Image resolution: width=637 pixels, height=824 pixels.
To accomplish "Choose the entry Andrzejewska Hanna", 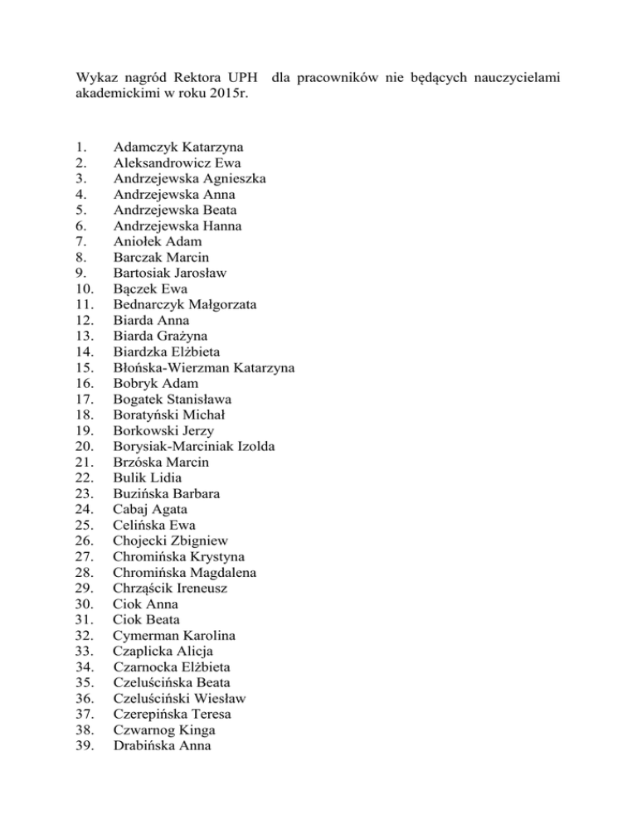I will tap(176, 225).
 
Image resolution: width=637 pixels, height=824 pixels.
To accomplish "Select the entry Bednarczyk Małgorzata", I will tap(185, 304).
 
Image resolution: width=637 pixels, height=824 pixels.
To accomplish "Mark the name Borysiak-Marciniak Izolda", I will tap(195, 446).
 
